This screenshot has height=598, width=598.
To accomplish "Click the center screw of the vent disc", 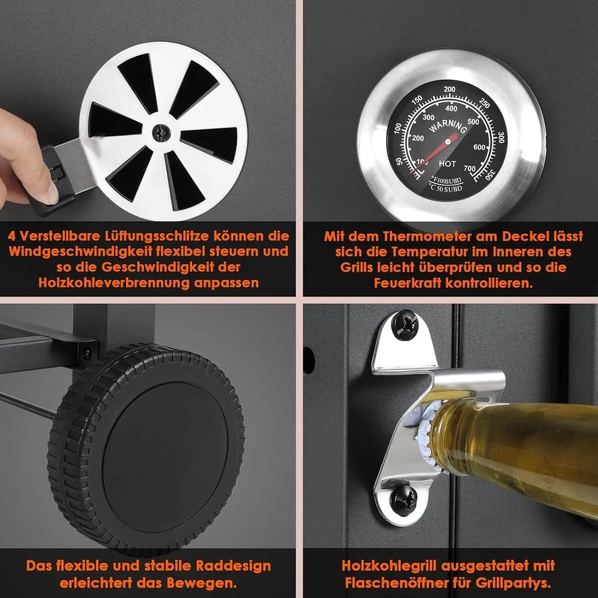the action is (161, 133).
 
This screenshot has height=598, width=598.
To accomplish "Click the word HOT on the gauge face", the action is (447, 163).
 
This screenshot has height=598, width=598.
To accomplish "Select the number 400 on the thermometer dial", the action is (451, 108).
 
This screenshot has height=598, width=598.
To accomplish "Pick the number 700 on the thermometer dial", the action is (470, 168).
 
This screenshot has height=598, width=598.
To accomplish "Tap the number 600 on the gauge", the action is (479, 147).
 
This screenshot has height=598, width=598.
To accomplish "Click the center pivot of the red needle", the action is (448, 142).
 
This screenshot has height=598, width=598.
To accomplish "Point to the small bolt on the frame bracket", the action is (86, 353).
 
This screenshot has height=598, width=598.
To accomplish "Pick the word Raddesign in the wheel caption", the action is (233, 566).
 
